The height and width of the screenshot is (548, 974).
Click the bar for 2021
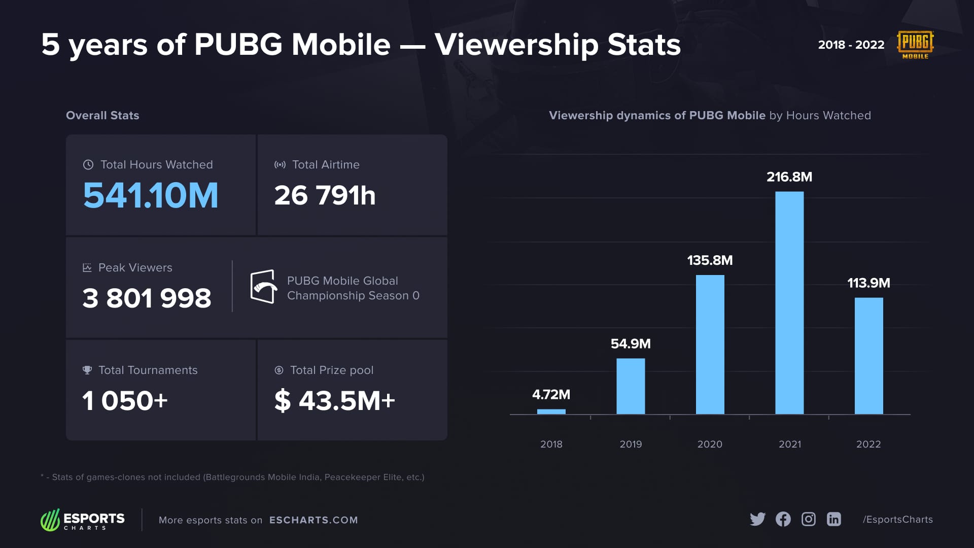click(x=789, y=302)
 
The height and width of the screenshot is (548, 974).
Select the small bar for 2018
click(x=551, y=412)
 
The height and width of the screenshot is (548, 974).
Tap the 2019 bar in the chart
click(x=631, y=386)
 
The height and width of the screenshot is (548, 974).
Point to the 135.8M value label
click(x=710, y=260)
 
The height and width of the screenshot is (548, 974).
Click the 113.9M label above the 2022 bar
click(x=868, y=283)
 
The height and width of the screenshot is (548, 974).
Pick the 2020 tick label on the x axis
click(x=710, y=444)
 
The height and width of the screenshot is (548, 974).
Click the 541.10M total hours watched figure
click(x=151, y=195)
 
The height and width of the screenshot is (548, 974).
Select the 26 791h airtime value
click(x=325, y=195)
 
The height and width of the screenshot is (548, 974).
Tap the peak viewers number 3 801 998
click(x=147, y=298)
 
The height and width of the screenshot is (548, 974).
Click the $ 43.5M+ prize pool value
click(x=334, y=400)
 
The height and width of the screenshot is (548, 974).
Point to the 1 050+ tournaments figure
click(x=125, y=400)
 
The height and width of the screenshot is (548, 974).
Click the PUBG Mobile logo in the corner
click(x=915, y=45)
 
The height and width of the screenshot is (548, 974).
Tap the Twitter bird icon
click(x=757, y=519)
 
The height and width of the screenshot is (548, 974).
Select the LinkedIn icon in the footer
click(x=833, y=519)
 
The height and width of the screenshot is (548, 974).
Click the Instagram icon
click(x=808, y=519)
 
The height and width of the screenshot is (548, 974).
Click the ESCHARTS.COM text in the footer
click(x=314, y=520)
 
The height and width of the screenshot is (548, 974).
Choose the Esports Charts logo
click(x=83, y=520)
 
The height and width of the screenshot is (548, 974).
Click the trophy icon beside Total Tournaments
click(x=87, y=370)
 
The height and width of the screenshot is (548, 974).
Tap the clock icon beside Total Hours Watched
click(x=88, y=164)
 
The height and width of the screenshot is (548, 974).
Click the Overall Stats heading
click(x=102, y=115)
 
